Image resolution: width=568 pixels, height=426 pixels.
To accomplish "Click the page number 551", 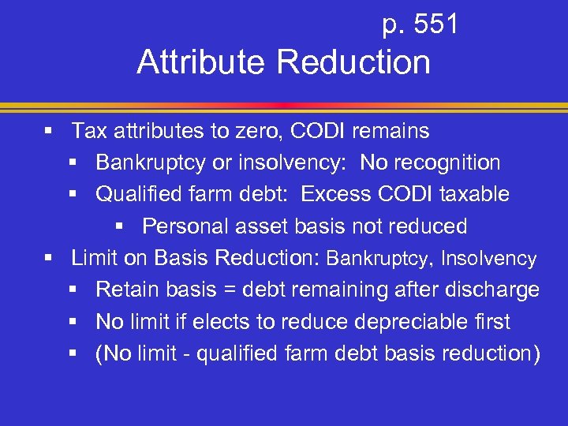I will click(x=436, y=25).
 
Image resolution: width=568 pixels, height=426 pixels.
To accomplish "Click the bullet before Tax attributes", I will click(x=49, y=131).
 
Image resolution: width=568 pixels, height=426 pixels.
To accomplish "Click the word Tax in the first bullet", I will click(x=89, y=130).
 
